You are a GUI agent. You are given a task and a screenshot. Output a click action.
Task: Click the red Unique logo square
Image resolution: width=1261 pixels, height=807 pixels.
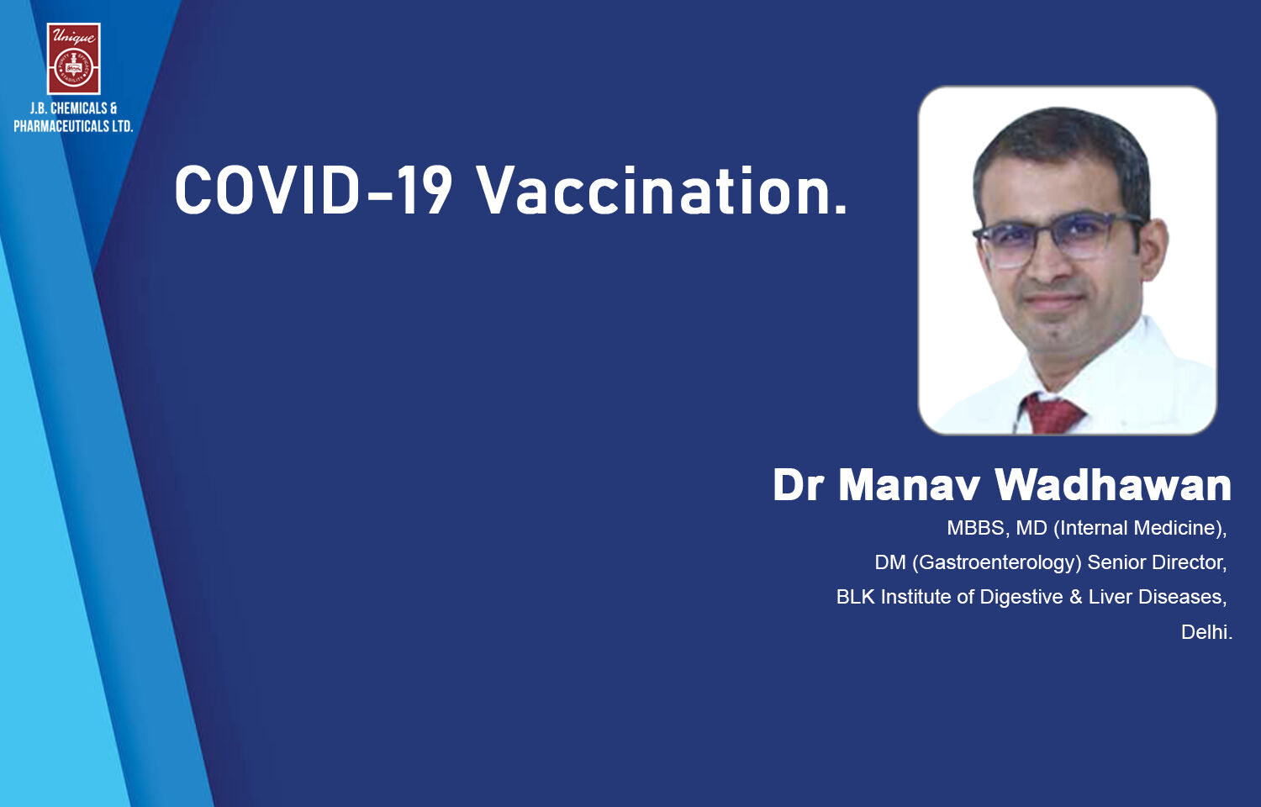coord(74,59)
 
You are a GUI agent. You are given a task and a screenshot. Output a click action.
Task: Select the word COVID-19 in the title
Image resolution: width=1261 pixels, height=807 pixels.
coord(314,190)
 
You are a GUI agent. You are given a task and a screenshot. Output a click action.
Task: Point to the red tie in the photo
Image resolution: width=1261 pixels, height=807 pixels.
coord(1052,414)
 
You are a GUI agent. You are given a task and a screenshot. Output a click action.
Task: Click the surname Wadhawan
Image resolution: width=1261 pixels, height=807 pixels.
coord(1113,484)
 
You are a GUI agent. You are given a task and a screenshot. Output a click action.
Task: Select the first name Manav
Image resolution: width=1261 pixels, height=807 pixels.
coord(909,486)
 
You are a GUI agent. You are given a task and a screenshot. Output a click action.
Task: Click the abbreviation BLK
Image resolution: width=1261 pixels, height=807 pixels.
coord(855,597)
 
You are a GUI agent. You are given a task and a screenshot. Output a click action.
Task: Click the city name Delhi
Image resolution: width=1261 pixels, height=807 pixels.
coord(1206,632)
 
